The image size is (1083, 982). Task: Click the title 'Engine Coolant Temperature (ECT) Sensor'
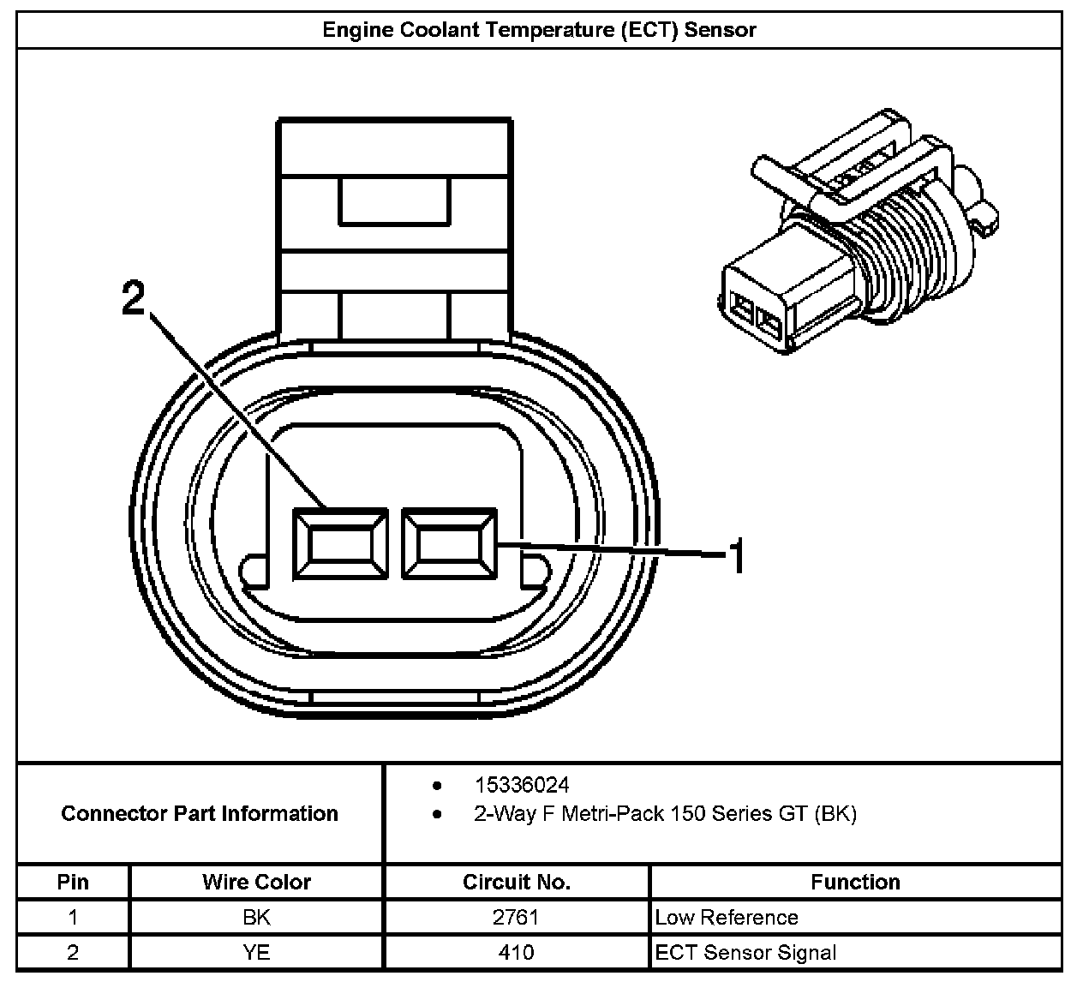point(539,30)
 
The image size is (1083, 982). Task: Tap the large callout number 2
point(134,297)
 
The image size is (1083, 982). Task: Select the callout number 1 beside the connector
point(737,555)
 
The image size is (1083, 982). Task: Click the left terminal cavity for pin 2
point(341,544)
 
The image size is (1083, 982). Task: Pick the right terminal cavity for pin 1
point(449,544)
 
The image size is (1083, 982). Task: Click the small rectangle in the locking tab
point(394,201)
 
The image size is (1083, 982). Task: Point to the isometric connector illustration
point(858,231)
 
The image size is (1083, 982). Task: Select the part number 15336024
point(522,786)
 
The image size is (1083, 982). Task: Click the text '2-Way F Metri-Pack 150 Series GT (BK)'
point(665,813)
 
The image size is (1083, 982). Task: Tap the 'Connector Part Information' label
point(200,813)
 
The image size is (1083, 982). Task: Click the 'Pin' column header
point(73,882)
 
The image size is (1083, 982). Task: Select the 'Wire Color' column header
point(256,882)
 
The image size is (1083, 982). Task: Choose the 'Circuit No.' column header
point(517,882)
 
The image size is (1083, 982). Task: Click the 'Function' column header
point(856,882)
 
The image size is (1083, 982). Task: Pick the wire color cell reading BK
point(256,917)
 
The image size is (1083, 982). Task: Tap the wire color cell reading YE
point(256,952)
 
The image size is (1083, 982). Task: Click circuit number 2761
point(516,917)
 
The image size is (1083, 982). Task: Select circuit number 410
point(516,952)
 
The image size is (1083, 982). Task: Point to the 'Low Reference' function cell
point(726,917)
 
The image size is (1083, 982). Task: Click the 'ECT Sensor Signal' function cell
point(745,952)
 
